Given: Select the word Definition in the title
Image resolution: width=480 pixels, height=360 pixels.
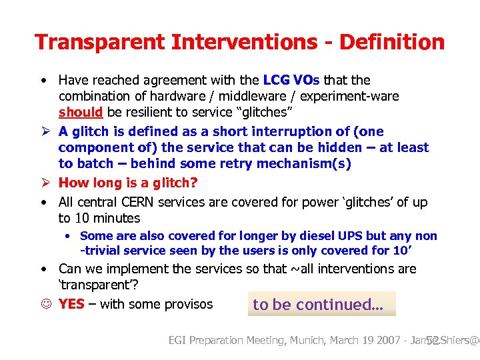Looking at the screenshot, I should [392, 43].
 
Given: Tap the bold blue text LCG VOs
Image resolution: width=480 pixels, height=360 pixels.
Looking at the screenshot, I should [291, 81].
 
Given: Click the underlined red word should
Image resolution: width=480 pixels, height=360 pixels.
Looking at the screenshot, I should [80, 113].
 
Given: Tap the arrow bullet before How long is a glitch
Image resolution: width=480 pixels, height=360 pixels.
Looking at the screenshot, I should [44, 183].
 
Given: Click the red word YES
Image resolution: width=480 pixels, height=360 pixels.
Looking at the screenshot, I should [71, 305].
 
